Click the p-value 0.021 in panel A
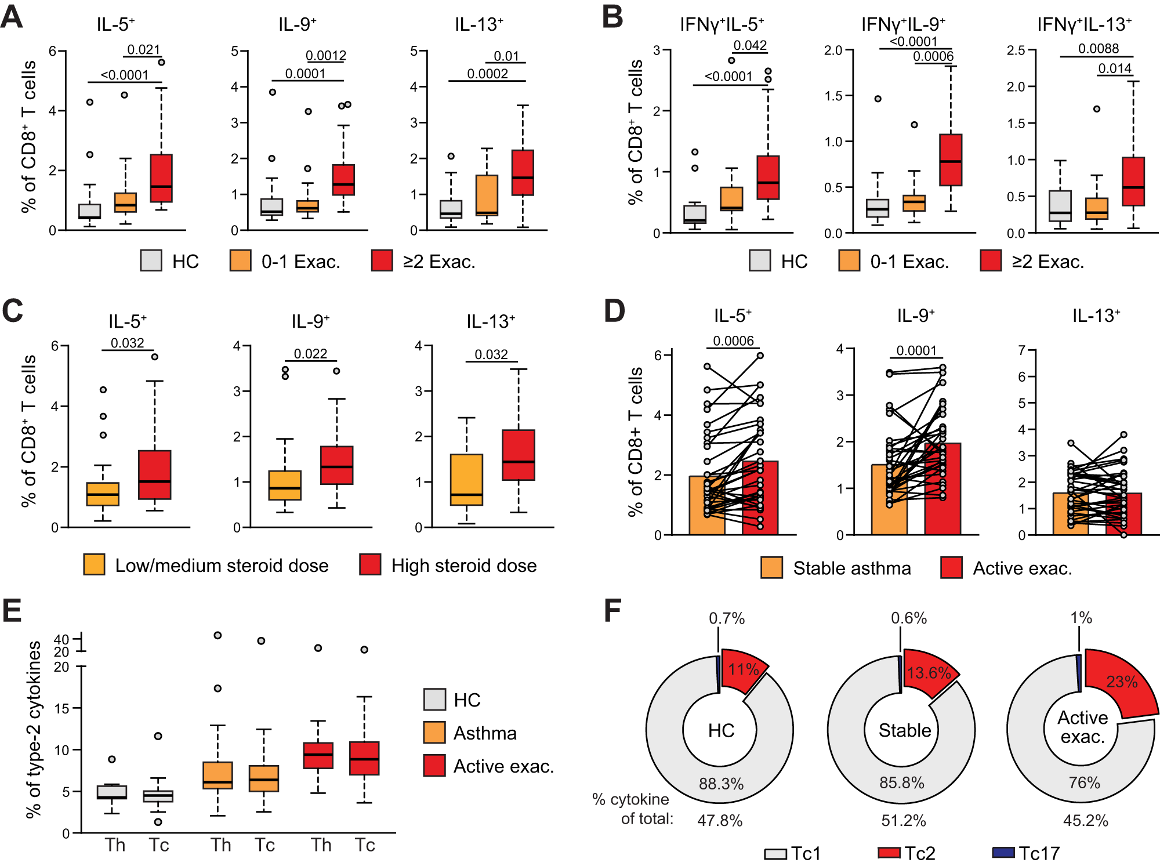click(x=143, y=49)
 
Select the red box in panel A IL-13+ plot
click(x=523, y=172)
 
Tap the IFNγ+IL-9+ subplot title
click(x=903, y=24)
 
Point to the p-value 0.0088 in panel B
click(x=1098, y=49)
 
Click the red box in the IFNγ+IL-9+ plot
click(x=951, y=160)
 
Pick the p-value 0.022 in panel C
click(x=310, y=353)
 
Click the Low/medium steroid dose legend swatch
click(x=94, y=564)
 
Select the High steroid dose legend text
click(x=464, y=566)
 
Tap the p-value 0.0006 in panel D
click(x=733, y=340)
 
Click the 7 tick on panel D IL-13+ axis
click(x=1022, y=350)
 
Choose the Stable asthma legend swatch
click(x=771, y=567)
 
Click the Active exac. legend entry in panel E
click(x=503, y=766)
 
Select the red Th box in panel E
click(x=318, y=755)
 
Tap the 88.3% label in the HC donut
click(x=721, y=784)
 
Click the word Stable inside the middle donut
click(x=904, y=730)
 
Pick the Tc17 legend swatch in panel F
click(x=1003, y=852)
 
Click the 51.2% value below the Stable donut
click(x=903, y=820)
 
